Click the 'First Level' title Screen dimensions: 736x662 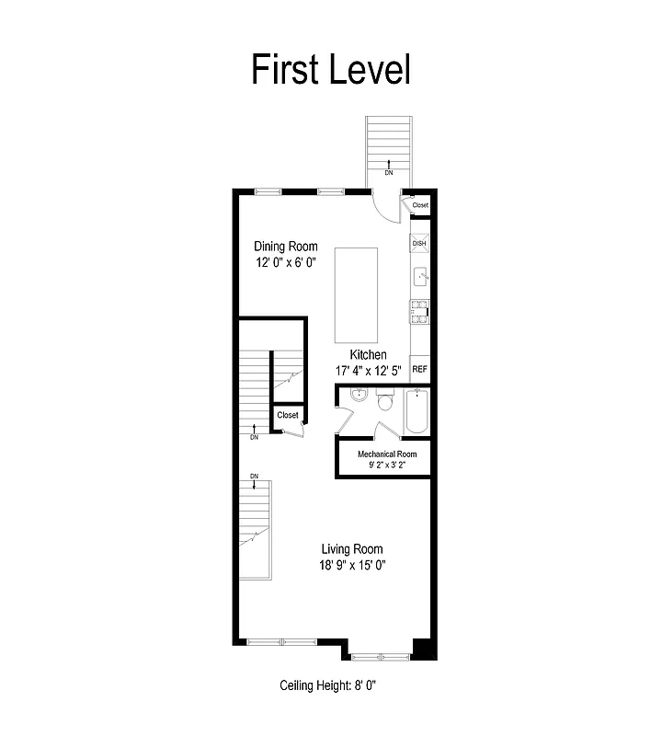331,70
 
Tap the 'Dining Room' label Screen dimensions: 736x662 286,246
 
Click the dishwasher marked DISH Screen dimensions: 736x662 420,244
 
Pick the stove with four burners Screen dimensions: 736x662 419,313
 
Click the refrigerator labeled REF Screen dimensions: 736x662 420,369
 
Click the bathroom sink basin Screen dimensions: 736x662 359,397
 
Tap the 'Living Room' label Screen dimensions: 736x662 346,549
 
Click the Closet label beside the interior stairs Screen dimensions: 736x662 288,415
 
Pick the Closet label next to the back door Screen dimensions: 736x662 420,205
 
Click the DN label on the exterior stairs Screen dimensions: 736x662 388,172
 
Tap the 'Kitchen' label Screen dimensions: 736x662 368,354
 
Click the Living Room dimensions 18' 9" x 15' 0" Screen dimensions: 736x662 347,566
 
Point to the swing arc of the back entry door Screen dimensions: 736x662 384,206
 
